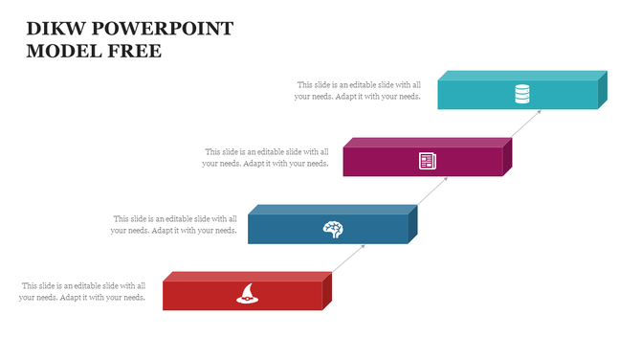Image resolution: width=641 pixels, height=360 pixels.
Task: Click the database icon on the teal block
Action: [521, 94]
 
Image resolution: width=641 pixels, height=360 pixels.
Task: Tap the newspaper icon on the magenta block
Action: [427, 161]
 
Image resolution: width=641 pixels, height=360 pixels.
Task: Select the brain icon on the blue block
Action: [333, 228]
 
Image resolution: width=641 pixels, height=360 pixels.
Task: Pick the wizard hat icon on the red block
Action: [247, 295]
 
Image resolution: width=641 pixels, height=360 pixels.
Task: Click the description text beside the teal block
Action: [358, 91]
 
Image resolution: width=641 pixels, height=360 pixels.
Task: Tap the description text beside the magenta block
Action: [266, 158]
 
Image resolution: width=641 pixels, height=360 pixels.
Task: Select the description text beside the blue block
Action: [174, 225]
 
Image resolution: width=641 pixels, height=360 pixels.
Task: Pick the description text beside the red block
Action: [82, 292]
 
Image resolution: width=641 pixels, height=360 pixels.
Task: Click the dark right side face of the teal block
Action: [603, 89]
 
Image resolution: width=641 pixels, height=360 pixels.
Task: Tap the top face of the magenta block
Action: [427, 143]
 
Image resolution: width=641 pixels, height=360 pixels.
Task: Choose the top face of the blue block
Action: [333, 210]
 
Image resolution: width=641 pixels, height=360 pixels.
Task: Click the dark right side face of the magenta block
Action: [508, 156]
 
